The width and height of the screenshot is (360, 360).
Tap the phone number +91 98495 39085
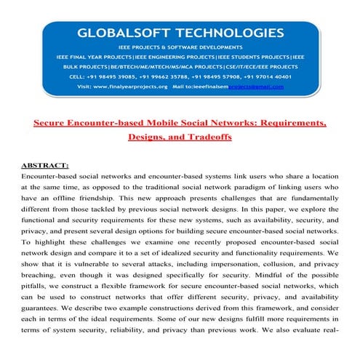point(117,75)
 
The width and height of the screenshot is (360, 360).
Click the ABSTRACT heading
point(45,165)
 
